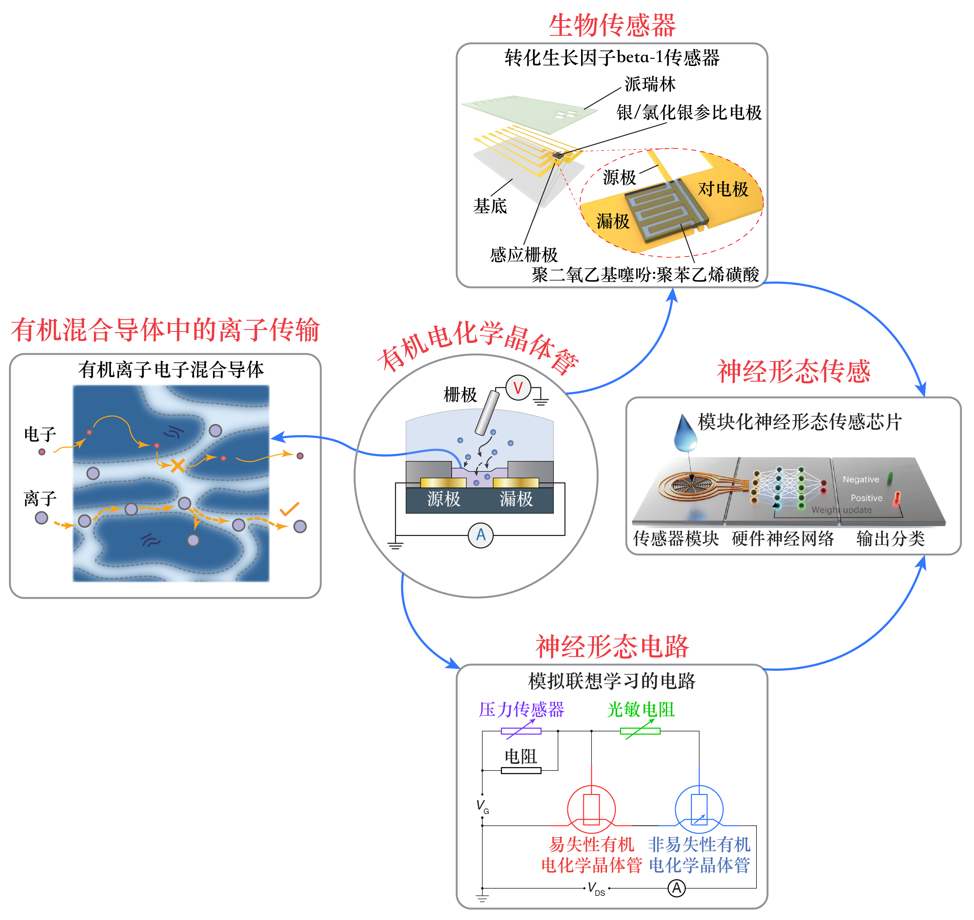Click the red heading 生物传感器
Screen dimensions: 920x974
coord(612,26)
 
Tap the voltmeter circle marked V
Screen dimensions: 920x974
coord(518,388)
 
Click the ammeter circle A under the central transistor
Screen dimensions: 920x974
coord(480,535)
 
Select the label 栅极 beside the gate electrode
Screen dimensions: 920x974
coord(460,395)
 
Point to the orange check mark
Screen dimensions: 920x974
coord(289,509)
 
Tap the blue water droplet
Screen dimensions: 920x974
coord(685,433)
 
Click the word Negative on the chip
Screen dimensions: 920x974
coord(861,479)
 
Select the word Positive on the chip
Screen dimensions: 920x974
coord(866,498)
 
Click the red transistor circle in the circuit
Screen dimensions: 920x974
coord(591,809)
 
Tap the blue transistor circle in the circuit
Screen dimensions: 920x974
coord(699,809)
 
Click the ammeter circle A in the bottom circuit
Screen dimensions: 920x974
coord(676,888)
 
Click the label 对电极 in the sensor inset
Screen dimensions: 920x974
coord(723,189)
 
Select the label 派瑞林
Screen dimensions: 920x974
coord(650,84)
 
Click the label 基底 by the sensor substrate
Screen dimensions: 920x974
coord(490,206)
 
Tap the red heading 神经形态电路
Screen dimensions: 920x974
coord(612,647)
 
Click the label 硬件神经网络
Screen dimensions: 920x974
coord(783,538)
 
